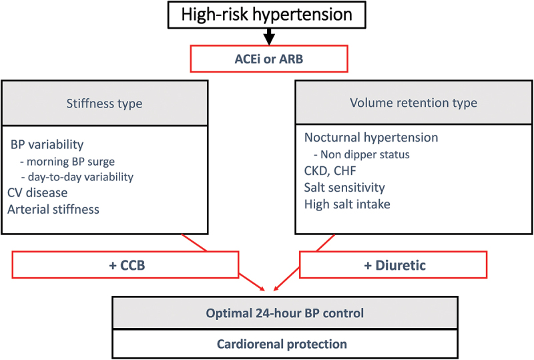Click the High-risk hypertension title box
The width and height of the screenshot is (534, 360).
point(266,15)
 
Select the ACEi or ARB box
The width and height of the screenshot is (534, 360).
point(269,59)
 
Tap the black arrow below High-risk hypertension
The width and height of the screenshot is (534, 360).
point(269,37)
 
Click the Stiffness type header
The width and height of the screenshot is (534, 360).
point(105,104)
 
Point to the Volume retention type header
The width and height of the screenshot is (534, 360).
point(413,103)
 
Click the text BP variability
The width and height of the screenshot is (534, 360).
point(47,144)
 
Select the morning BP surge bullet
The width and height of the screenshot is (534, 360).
point(67,161)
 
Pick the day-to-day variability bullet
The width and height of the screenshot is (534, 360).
point(77,177)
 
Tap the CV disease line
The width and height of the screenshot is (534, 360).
point(37,192)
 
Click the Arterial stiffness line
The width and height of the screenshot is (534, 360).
point(53,209)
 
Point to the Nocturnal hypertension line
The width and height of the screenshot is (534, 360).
point(371,138)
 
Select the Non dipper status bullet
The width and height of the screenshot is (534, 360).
point(362,154)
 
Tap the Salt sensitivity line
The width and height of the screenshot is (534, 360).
point(344,188)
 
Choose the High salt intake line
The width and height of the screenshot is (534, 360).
point(347,204)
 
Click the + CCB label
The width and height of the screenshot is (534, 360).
point(127,265)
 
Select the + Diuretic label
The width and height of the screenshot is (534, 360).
point(394,265)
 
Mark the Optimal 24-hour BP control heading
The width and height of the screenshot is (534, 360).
point(285,313)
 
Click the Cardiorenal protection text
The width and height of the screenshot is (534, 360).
point(282,344)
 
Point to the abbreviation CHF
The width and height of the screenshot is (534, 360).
point(344,170)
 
